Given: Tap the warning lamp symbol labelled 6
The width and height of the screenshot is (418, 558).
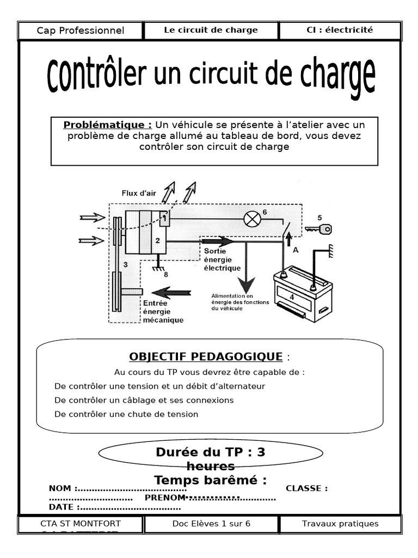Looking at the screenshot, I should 251,220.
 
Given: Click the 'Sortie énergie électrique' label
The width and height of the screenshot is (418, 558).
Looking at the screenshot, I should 222,260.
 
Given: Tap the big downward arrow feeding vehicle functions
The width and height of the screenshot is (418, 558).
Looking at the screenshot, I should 247,281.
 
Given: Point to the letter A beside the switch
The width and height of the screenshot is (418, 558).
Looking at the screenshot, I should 296,250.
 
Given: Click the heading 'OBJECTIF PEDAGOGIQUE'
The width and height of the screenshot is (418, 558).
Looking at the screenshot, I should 206,357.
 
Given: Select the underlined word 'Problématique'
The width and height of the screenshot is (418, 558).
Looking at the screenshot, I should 107,125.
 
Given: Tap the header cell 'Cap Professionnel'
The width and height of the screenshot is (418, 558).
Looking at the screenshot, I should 81,31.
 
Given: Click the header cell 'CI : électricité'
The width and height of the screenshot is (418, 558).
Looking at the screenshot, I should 340,31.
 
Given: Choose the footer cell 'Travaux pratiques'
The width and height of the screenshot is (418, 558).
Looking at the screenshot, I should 340,524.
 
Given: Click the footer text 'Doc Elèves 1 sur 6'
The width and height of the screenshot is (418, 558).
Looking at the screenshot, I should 211,524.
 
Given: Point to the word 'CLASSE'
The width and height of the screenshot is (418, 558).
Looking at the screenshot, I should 306,488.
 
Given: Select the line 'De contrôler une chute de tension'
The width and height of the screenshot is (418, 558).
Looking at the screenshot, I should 127,414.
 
